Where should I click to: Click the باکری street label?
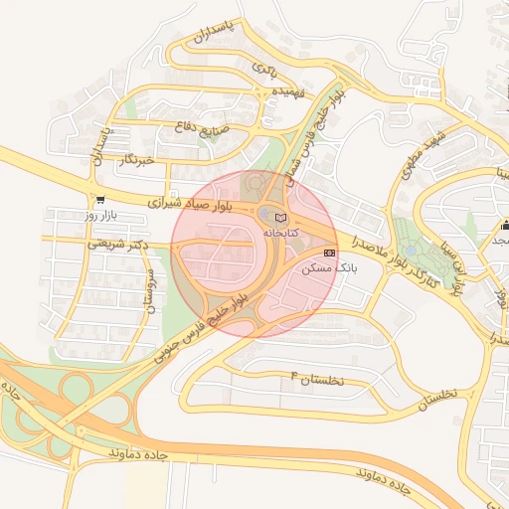263,69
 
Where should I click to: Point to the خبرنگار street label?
135,160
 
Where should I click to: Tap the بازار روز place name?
102,215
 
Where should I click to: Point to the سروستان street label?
150,290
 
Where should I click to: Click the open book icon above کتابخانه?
280,217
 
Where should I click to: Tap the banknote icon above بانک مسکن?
330,253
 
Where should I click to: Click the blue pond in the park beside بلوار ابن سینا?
408,250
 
